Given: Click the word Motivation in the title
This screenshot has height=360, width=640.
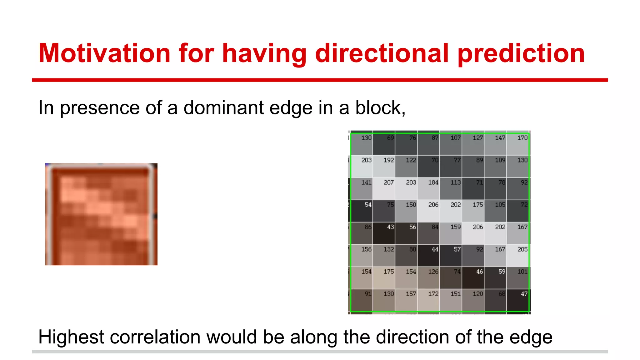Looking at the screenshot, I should click(104, 53).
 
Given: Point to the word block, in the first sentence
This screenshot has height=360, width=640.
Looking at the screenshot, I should click(380, 108).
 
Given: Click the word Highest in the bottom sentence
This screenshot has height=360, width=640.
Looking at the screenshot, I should click(71, 337).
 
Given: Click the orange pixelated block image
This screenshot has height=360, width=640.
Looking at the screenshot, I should click(101, 214).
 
